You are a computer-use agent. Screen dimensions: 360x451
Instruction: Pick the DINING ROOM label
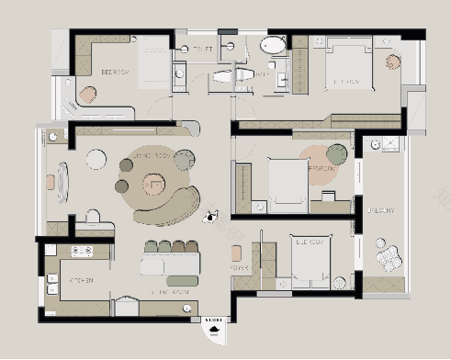170,291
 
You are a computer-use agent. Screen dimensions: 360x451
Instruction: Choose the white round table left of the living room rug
96,160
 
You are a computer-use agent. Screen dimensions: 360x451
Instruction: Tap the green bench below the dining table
183,279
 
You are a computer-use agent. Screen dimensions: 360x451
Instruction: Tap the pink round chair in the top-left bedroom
87,94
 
